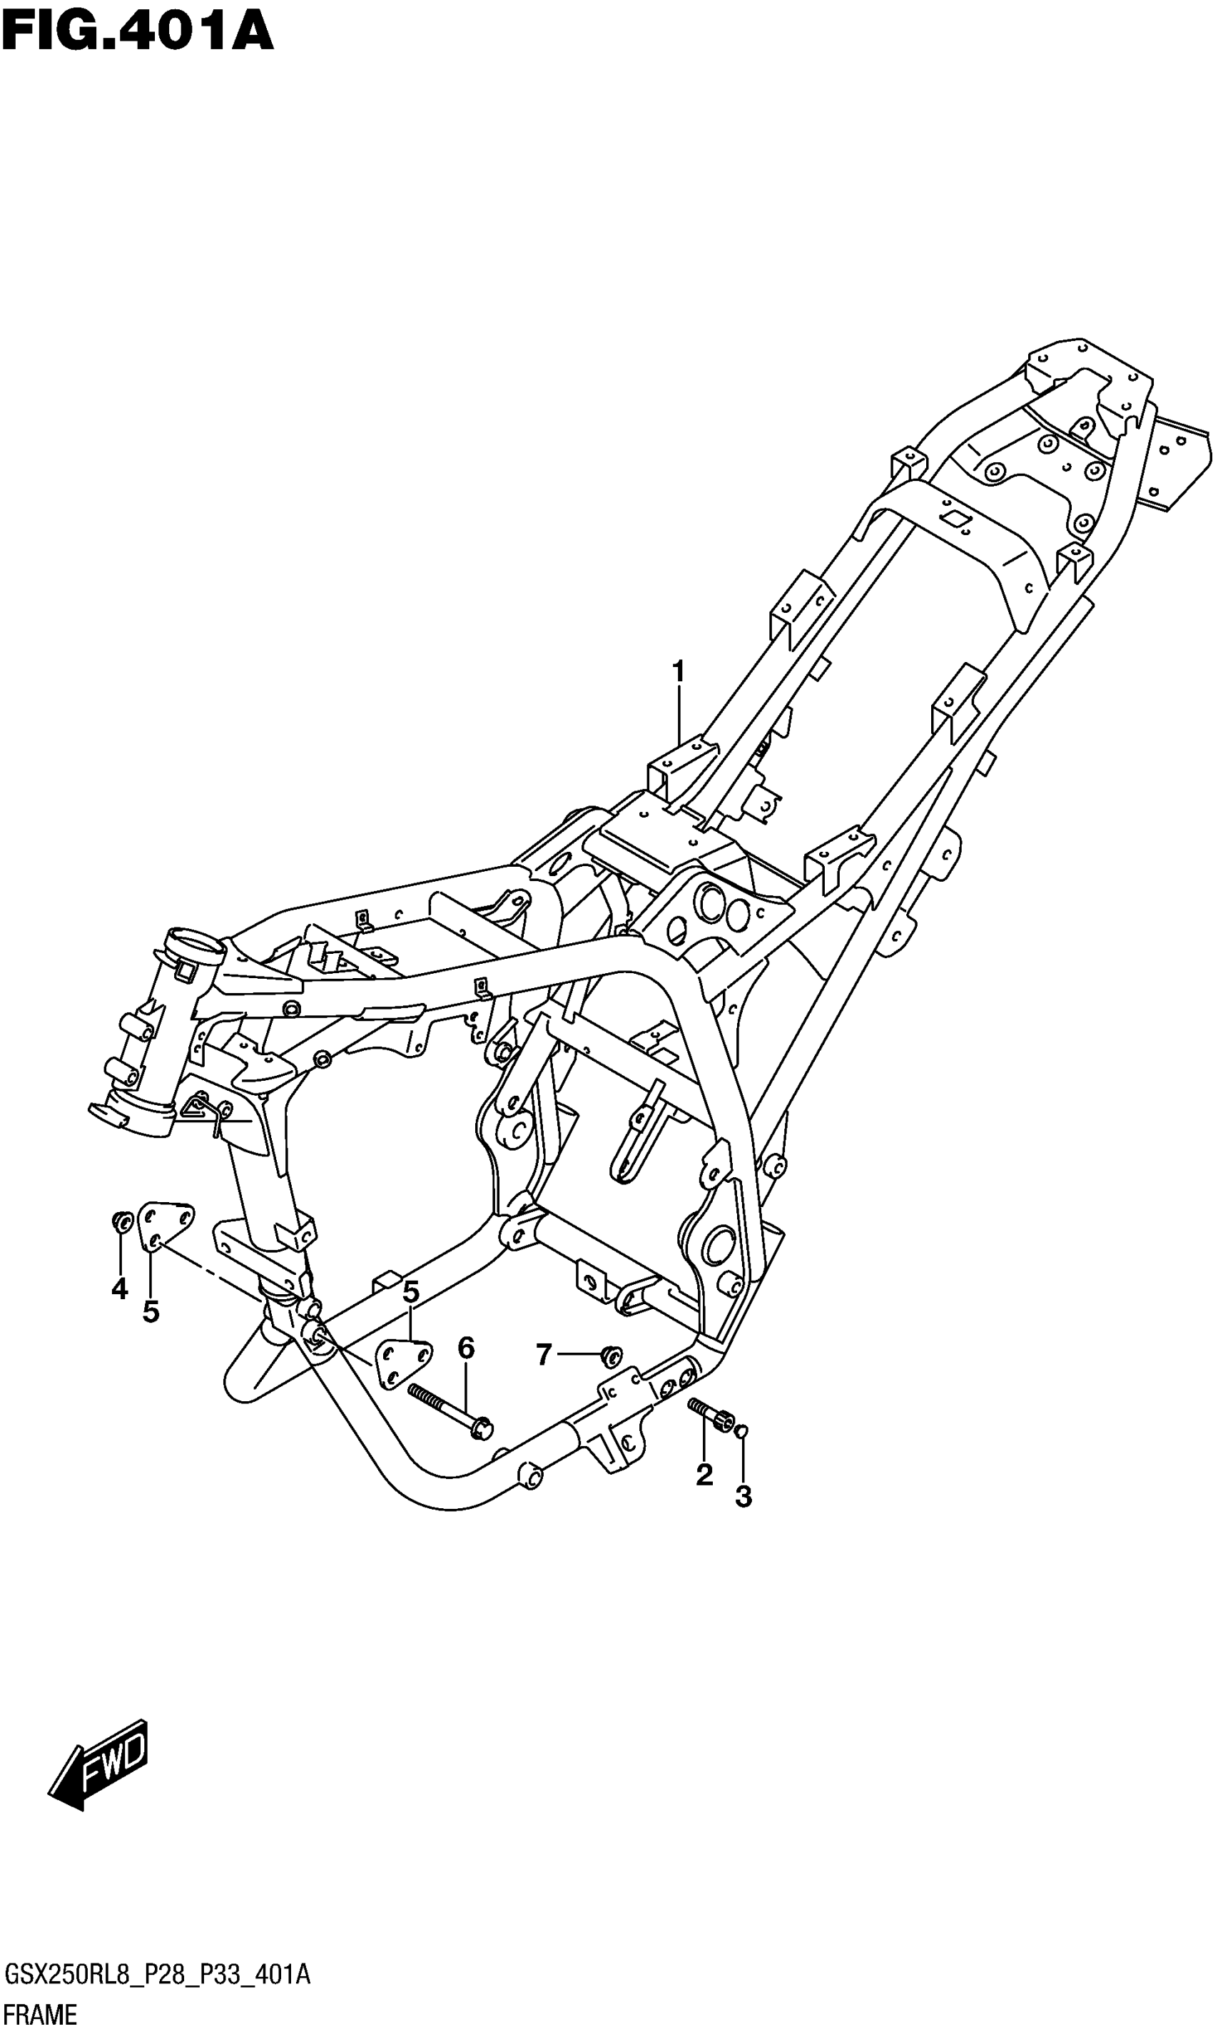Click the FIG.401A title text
click(136, 32)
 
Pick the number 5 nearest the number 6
click(410, 1292)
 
